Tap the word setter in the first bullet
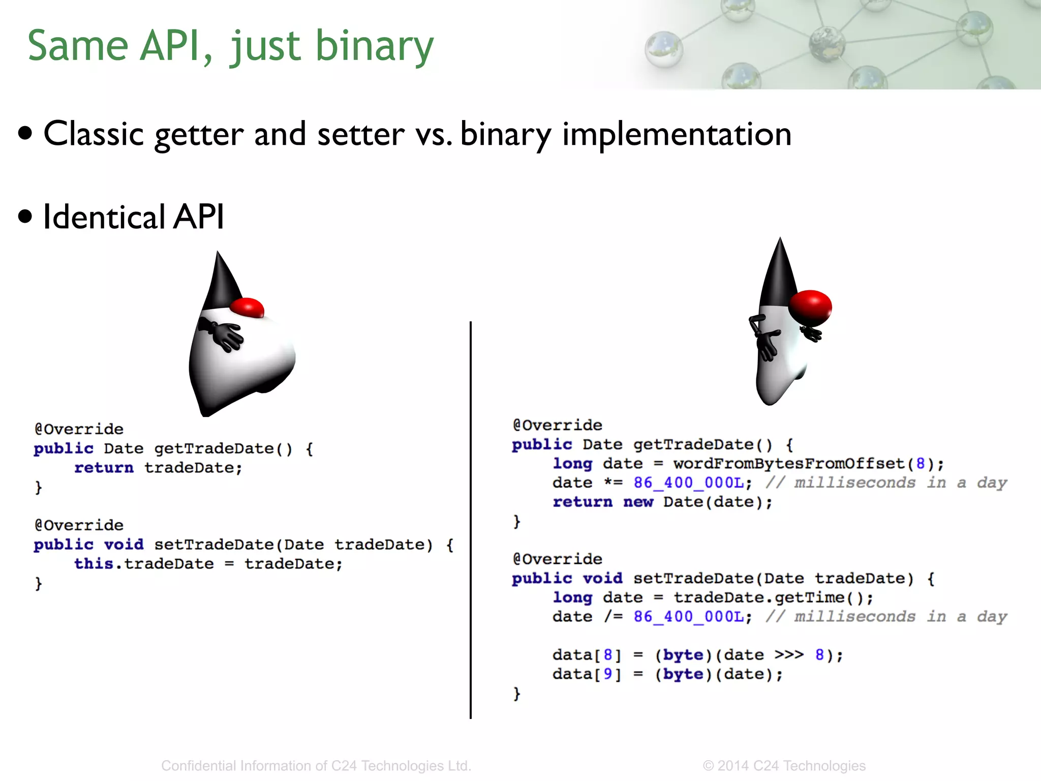(361, 134)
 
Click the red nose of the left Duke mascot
(247, 308)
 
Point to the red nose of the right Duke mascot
(810, 307)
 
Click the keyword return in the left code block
(104, 468)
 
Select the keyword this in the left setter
(94, 564)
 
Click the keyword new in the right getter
(638, 502)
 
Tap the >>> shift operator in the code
(789, 655)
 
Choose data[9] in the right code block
(587, 674)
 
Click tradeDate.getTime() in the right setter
(773, 597)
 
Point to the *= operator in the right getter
(613, 483)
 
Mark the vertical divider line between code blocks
(471, 519)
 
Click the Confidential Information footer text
(316, 766)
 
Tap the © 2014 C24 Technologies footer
(784, 766)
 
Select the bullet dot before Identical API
(25, 216)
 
